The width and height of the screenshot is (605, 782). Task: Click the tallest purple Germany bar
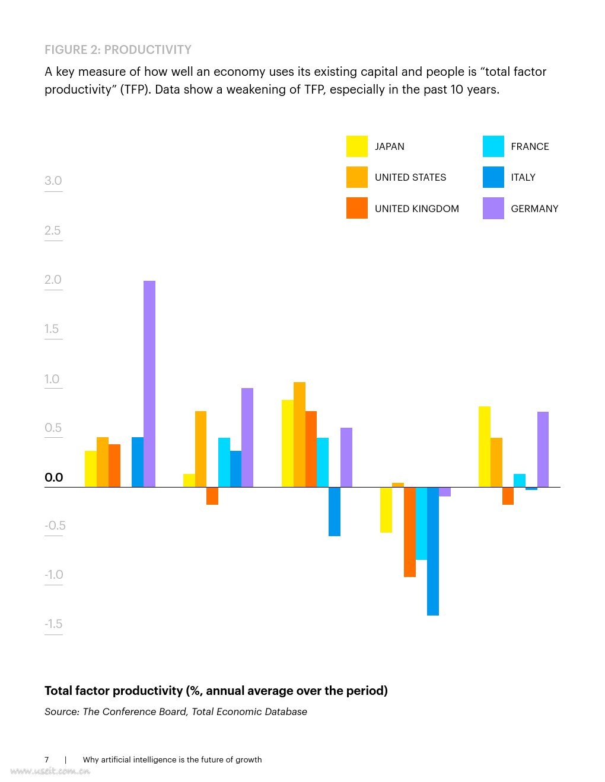pyautogui.click(x=149, y=384)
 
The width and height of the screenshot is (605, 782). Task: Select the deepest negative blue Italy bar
pyautogui.click(x=433, y=551)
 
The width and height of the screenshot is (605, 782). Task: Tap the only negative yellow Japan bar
pyautogui.click(x=386, y=509)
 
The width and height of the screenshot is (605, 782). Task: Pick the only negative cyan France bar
pyautogui.click(x=421, y=523)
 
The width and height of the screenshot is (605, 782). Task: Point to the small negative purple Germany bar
pyautogui.click(x=445, y=492)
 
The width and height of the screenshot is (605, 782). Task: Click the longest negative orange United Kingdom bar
pyautogui.click(x=410, y=531)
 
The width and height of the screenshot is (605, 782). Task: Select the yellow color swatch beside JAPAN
pyautogui.click(x=357, y=146)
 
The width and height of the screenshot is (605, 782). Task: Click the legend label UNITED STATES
pyautogui.click(x=410, y=177)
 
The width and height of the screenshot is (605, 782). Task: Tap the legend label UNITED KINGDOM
pyautogui.click(x=417, y=209)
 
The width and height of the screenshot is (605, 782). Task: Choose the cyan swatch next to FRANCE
pyautogui.click(x=493, y=146)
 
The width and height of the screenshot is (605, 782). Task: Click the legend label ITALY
pyautogui.click(x=523, y=177)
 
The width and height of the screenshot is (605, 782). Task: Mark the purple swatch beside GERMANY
pyautogui.click(x=493, y=209)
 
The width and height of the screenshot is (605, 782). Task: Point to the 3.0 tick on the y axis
pyautogui.click(x=53, y=181)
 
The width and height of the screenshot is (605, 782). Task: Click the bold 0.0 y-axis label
pyautogui.click(x=54, y=477)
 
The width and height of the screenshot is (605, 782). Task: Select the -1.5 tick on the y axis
pyautogui.click(x=53, y=624)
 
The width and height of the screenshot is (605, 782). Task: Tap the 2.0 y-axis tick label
pyautogui.click(x=53, y=280)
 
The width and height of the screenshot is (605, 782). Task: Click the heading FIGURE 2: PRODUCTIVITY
pyautogui.click(x=118, y=50)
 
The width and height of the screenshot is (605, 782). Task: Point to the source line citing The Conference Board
pyautogui.click(x=176, y=712)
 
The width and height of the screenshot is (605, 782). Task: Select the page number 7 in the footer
pyautogui.click(x=47, y=759)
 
